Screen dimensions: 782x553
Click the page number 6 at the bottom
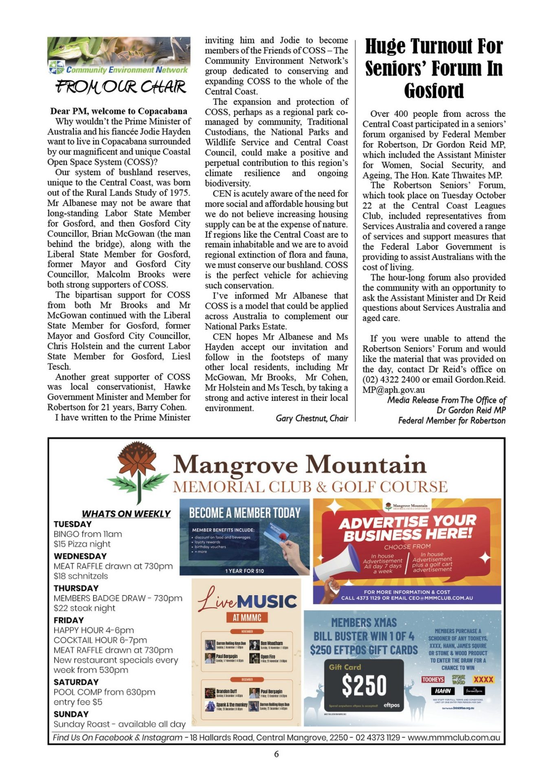coord(276,754)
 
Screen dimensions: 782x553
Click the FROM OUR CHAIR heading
coord(121,87)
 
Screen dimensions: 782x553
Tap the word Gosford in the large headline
coord(434,91)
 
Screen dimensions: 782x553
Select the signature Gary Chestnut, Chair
coord(312,418)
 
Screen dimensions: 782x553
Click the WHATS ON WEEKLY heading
coord(126,514)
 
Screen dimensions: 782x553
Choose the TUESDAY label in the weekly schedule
coord(72,524)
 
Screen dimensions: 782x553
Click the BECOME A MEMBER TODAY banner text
coord(245,513)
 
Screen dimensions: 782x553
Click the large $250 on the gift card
coord(364,685)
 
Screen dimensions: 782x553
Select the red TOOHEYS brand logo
coord(433,679)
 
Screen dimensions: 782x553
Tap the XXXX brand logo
coord(483,679)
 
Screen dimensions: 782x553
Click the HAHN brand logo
coord(443,691)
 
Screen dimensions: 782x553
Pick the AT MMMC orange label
coord(247,618)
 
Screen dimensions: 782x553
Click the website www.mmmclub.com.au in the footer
coord(454,738)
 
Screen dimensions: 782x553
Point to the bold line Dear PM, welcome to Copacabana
coord(118,111)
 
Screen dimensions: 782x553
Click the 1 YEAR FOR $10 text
coord(245,571)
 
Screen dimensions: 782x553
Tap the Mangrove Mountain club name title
coord(300,465)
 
